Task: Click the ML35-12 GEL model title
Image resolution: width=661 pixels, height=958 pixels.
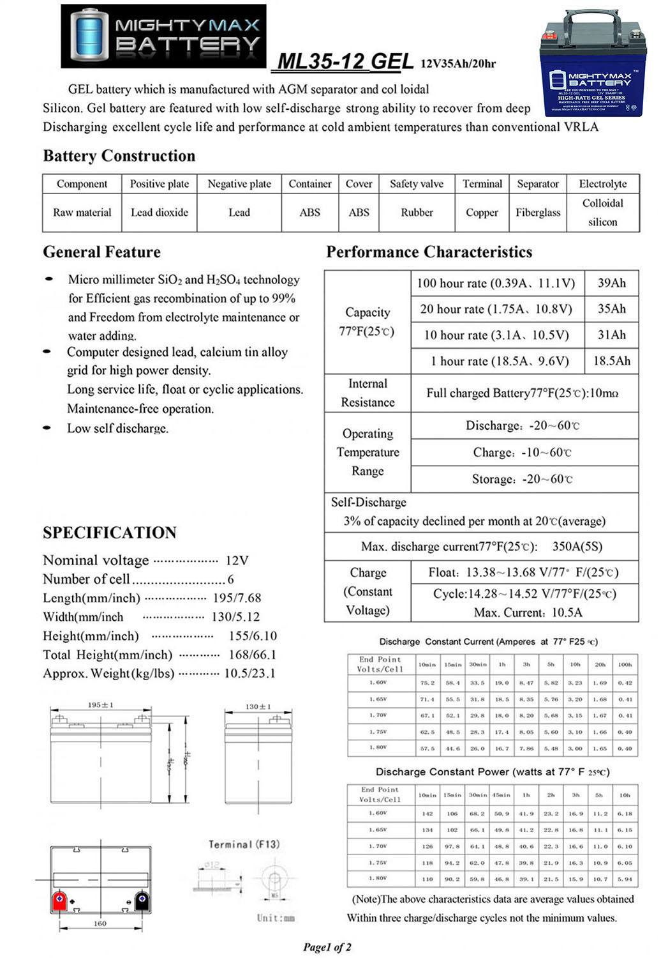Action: click(345, 61)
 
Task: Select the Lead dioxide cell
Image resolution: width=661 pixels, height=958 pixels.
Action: click(159, 213)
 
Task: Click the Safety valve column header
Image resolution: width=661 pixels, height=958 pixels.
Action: click(416, 184)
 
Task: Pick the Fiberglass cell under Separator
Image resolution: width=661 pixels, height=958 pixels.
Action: click(538, 213)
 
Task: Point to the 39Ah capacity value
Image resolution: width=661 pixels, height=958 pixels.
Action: click(611, 283)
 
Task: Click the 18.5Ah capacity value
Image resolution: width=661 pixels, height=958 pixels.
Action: click(611, 361)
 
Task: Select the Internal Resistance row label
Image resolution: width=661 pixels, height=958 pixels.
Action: click(368, 393)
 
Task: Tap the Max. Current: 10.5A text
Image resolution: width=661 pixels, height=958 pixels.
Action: click(528, 612)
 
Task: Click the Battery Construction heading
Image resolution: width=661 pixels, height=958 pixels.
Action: click(119, 156)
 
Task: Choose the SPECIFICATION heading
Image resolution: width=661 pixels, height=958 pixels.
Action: click(110, 533)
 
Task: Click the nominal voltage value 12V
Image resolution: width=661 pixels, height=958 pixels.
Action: click(237, 561)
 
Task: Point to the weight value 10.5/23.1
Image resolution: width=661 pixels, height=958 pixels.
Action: click(249, 673)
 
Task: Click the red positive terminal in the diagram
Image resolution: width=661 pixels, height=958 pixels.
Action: click(59, 901)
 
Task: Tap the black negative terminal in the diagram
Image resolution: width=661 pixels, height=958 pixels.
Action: click(142, 901)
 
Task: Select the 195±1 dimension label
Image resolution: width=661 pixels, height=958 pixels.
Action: click(100, 705)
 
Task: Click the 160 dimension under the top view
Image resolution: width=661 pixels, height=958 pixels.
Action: click(100, 924)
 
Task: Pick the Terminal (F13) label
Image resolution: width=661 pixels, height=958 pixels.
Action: click(244, 844)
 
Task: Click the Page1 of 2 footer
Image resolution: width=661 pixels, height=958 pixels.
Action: click(327, 947)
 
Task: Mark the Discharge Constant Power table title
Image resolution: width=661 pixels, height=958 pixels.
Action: click(492, 772)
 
